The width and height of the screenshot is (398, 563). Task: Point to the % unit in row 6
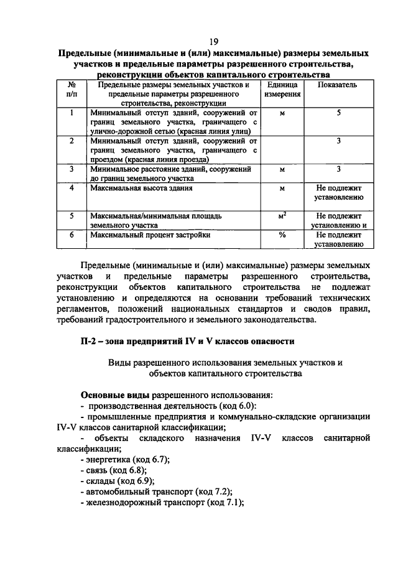point(282,236)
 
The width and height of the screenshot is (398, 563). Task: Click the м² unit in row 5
point(282,216)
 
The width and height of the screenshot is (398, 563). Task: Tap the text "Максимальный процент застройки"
point(150,236)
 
